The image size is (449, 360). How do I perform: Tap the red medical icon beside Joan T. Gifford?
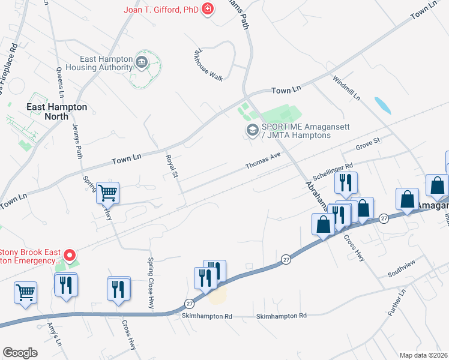208,9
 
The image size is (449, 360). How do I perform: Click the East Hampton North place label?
57,111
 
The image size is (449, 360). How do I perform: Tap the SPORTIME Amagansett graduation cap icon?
252,130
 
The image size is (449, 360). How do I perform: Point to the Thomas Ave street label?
263,160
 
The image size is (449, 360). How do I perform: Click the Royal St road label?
172,166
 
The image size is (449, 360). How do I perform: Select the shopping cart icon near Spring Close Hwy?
108,193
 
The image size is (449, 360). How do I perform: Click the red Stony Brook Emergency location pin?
69,256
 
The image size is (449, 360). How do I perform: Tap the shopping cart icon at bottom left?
26,293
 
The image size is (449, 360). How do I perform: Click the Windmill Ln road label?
346,88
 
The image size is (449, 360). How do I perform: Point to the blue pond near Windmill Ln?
382,106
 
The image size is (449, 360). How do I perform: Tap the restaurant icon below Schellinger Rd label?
346,182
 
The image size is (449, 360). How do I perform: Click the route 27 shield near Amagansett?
384,220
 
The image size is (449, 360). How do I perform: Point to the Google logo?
20,353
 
